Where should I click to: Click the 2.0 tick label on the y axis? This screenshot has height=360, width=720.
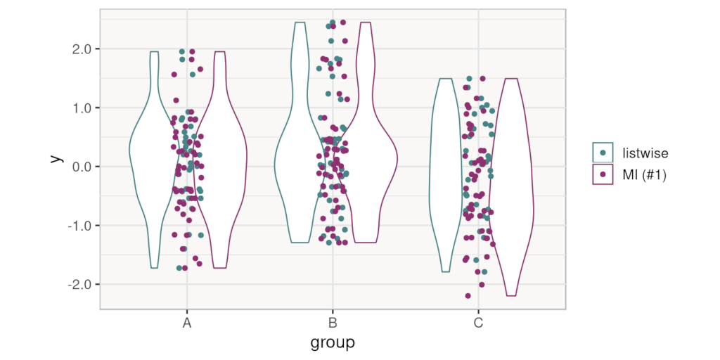coord(85,49)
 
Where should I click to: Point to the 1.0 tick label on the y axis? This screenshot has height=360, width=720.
coord(85,108)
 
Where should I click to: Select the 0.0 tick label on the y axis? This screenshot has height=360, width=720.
coord(85,167)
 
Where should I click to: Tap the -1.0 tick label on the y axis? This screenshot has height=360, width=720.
coord(84,226)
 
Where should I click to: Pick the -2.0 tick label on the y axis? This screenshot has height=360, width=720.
coord(84,284)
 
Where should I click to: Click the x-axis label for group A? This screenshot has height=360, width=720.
coord(187,323)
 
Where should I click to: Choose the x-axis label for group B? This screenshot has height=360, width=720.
coord(333,323)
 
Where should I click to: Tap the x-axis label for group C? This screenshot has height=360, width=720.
coord(478,323)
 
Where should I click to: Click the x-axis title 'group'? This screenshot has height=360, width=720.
coord(333,343)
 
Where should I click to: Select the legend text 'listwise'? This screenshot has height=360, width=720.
coord(645,153)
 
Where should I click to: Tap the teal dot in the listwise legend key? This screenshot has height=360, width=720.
coord(603,153)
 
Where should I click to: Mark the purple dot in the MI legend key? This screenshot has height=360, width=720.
coord(603,174)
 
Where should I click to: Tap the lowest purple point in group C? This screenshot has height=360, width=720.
coord(468,296)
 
